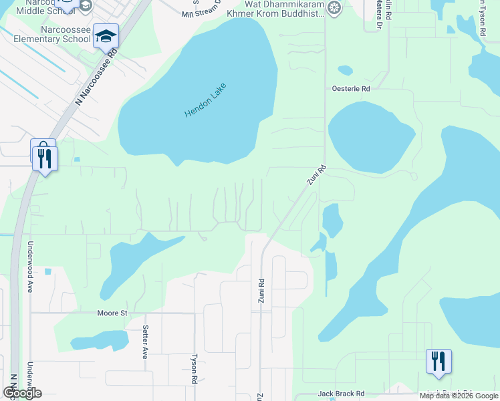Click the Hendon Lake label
[x=206, y=100]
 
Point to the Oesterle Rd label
[x=351, y=88]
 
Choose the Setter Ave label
[x=145, y=342]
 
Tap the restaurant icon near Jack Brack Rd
[x=439, y=362]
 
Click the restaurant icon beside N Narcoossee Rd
[x=45, y=158]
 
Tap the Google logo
[x=21, y=393]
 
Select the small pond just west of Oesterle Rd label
[x=345, y=70]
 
